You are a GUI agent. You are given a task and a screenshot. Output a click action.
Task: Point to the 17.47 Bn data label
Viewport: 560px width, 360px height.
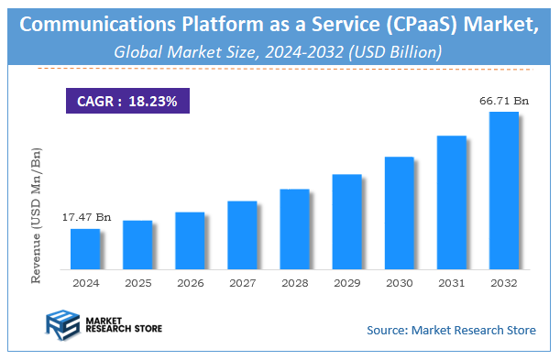point(85,218)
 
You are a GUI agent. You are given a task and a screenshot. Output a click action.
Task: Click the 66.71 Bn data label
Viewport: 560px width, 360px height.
point(502,100)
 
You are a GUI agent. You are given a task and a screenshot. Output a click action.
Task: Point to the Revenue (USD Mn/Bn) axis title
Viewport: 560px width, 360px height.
point(38,208)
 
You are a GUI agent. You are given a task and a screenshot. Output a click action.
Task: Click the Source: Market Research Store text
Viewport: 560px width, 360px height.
point(451,330)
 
